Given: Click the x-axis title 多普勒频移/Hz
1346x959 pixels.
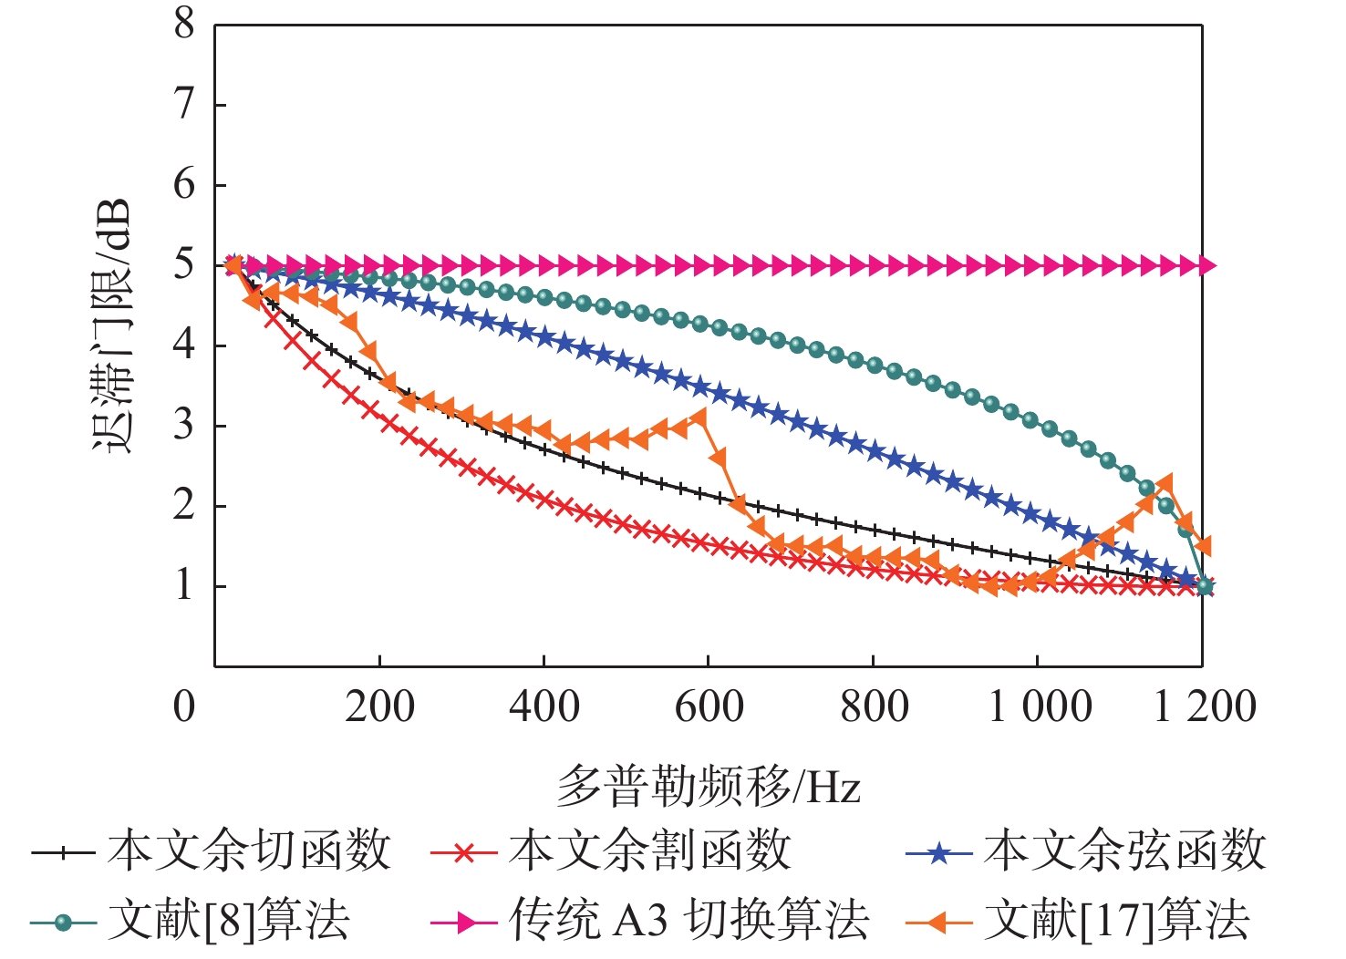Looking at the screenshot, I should coord(709,786).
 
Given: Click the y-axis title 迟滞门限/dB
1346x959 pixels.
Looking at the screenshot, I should coord(112,325).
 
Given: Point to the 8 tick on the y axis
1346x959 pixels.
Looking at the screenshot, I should coord(185,25).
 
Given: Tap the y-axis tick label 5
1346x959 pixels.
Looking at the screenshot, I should coord(185,265).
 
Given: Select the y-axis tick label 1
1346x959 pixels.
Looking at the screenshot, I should coord(185,585).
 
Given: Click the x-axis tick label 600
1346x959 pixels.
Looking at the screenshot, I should coord(709,706).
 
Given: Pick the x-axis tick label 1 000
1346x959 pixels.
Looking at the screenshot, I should coord(1040,706).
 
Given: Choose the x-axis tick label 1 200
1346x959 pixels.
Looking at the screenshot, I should coord(1205,706).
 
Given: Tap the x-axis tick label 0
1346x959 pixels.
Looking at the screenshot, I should coord(185,706).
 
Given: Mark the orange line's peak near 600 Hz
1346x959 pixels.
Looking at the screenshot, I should coord(699,418).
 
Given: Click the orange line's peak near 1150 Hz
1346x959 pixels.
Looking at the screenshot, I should coord(1165,483).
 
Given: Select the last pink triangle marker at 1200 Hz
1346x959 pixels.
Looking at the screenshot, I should coord(1206,265).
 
